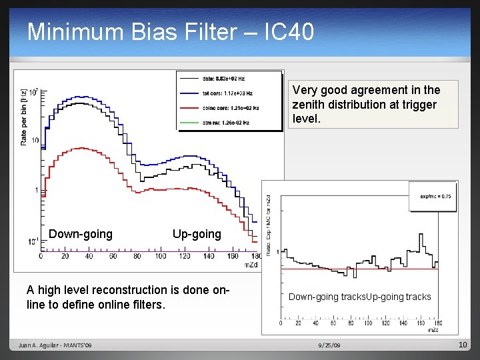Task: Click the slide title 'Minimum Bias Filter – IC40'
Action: pos(170,31)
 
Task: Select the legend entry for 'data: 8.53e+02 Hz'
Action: pos(227,78)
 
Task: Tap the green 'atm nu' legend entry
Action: pos(227,122)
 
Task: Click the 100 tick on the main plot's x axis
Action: pos(161,255)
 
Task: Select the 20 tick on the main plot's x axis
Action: pos(65,255)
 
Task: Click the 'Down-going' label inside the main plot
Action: pos(81,234)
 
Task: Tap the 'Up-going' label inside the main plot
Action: pos(197,234)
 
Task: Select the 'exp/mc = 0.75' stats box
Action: pos(435,196)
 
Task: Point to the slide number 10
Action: pos(463,345)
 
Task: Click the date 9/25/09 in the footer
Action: pos(329,345)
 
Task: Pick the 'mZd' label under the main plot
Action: pos(251,265)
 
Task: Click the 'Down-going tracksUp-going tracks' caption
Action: pos(359,297)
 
